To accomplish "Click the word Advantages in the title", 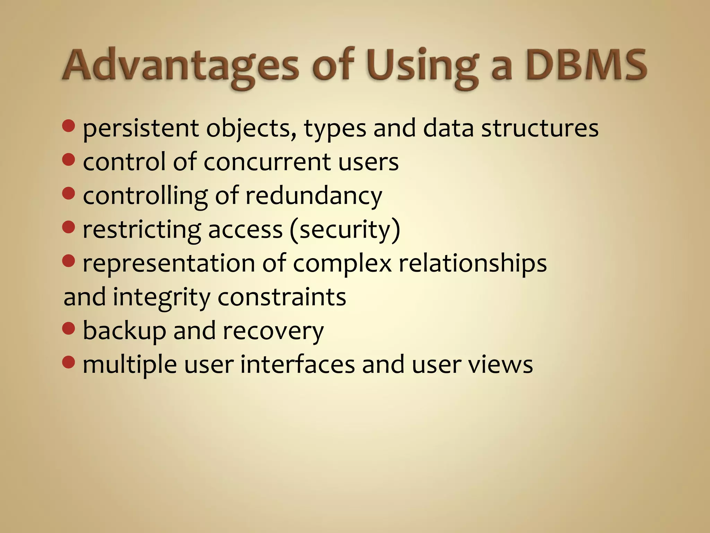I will (x=180, y=66).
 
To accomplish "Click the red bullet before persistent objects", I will (x=69, y=126).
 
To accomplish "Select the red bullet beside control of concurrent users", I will (x=69, y=160).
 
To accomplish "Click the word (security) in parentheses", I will (x=345, y=230).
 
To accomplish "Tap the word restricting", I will (x=142, y=230).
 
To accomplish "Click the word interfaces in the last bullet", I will (x=297, y=365).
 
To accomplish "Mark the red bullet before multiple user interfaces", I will (x=69, y=362).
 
